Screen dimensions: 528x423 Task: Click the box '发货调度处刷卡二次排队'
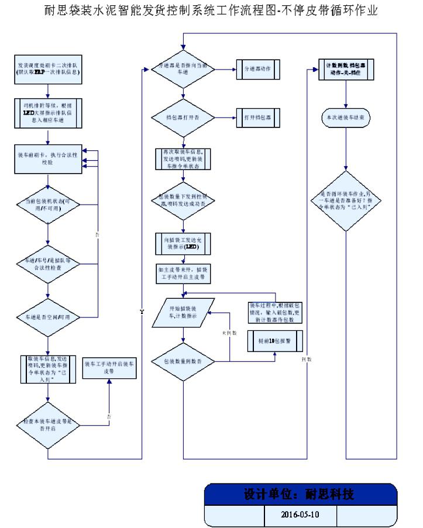tap(49, 69)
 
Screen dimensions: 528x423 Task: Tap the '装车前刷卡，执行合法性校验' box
tap(49, 158)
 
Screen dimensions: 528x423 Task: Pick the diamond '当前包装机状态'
tap(49, 204)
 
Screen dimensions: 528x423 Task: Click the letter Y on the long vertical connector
tap(142, 312)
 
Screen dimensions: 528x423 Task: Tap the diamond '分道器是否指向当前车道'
tap(184, 69)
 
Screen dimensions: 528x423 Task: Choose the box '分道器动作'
tap(258, 69)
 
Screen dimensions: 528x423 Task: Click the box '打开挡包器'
tap(258, 118)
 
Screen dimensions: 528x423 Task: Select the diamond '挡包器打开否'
tap(184, 118)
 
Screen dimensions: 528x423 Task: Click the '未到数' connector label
tap(228, 332)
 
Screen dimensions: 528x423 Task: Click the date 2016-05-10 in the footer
tap(300, 516)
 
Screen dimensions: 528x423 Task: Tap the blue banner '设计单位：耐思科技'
tap(300, 494)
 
